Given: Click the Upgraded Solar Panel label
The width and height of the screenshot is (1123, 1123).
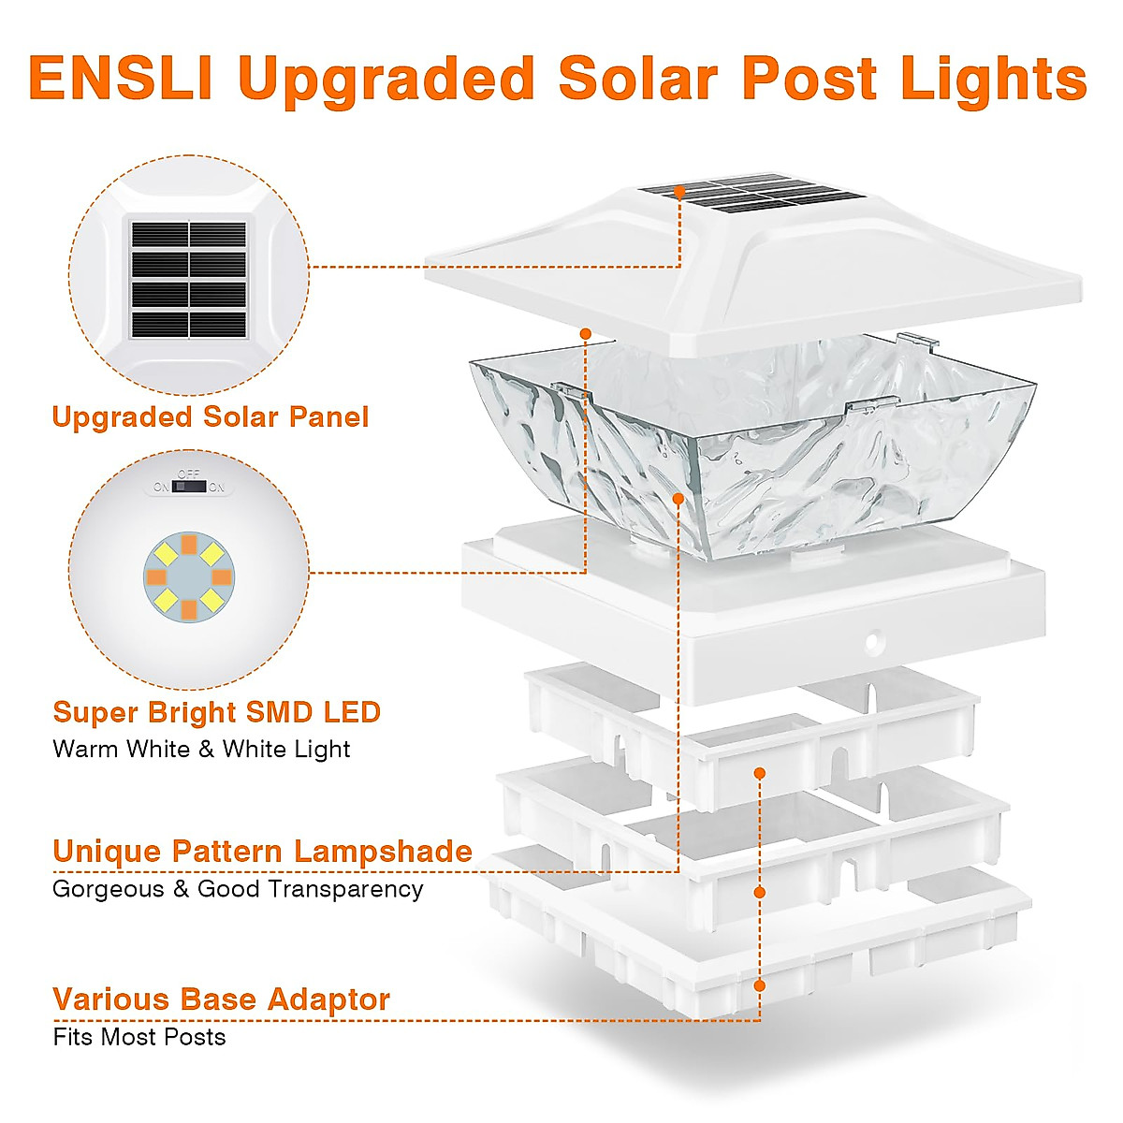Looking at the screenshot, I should coord(211,416).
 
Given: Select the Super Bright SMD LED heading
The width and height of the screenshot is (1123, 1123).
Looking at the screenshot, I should coord(216,712).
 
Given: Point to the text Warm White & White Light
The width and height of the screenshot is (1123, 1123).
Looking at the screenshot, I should coord(201,749).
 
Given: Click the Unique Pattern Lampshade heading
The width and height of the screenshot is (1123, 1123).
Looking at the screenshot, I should coord(262,852).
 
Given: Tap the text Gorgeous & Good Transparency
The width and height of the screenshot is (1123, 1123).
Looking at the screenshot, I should coord(238,889).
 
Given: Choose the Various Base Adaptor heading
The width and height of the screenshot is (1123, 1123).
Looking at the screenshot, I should coord(221,999).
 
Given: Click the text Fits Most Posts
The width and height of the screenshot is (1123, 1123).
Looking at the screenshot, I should coord(139,1037).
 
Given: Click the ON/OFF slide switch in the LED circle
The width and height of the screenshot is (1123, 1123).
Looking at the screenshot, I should coord(190,487).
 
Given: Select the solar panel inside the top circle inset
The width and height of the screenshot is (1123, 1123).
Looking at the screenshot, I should coord(189,279).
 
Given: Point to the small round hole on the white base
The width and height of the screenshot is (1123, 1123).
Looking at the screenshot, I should coord(873,643).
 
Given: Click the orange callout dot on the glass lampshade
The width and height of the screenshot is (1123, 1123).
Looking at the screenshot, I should coord(678,499).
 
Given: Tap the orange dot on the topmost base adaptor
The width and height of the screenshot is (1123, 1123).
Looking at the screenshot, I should coord(760,773).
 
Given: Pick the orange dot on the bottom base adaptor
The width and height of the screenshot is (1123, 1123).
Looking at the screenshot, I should coord(760,985).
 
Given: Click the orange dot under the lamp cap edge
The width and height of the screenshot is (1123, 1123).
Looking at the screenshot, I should coord(586,333).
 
